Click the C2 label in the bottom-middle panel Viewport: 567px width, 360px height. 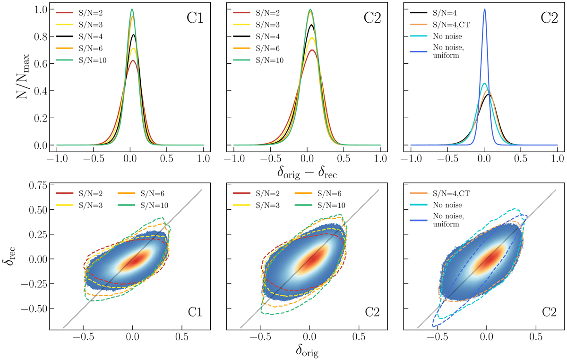point(372,312)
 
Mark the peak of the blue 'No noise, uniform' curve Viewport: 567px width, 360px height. point(484,9)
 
